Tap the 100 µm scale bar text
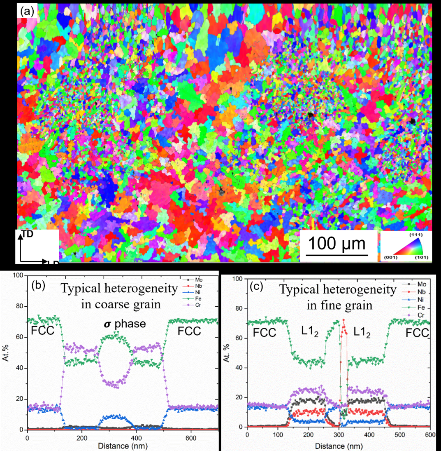337,244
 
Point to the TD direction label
28,234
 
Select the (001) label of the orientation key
390,258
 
